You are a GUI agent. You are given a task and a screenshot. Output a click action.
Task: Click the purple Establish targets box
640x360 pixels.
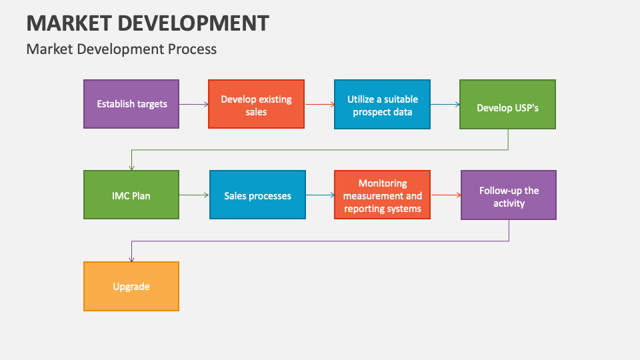pos(131,104)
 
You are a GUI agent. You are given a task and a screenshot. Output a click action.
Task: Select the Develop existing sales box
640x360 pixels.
pos(256,104)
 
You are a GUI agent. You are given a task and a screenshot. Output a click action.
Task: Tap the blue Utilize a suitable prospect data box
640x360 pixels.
pos(382,104)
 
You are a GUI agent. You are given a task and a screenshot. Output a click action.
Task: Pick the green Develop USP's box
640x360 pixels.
pos(507,105)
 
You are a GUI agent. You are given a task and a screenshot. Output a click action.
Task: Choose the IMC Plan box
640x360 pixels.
pos(131,195)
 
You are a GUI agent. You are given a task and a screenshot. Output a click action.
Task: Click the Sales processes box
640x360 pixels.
pos(257,195)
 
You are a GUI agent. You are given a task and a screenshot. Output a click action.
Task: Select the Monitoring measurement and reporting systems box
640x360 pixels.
pos(382,195)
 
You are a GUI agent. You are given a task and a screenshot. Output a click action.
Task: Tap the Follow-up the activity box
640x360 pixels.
pos(509,195)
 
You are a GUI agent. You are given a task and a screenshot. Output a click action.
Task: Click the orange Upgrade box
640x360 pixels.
pos(131,286)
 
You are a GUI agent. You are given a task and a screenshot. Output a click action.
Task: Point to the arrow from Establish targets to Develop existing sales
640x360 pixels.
pos(193,105)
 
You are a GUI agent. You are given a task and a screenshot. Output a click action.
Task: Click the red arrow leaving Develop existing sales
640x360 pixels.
pos(319,105)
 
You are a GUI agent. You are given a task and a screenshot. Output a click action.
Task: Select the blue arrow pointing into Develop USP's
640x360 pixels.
pos(445,105)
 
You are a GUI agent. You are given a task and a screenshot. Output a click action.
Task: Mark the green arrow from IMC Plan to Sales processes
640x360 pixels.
pos(194,195)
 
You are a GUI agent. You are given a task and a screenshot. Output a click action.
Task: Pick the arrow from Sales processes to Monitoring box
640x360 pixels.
pos(320,195)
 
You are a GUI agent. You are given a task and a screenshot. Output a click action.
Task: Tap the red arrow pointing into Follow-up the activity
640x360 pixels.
pos(445,195)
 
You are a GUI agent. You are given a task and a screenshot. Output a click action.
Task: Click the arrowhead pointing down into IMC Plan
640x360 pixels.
pos(131,167)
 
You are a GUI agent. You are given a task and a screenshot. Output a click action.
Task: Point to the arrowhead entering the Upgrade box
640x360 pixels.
pos(131,259)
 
